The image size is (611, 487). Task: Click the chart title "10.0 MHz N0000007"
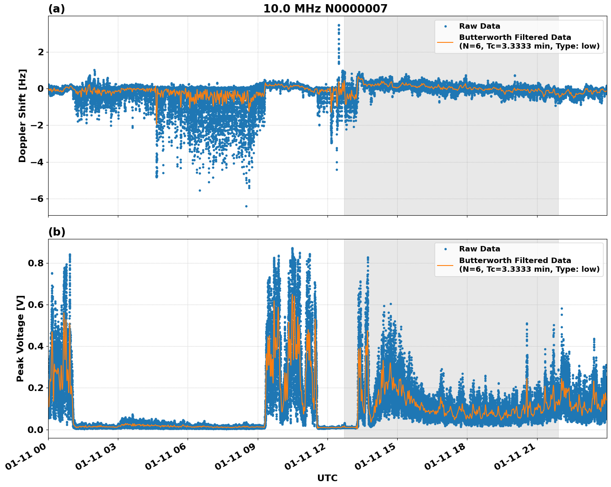coord(325,9)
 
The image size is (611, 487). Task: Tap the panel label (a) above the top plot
coord(56,9)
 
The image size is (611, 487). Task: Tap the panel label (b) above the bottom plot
coord(56,232)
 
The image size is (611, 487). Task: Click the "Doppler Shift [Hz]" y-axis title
coord(22,116)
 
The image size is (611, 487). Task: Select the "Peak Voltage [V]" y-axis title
coord(20,338)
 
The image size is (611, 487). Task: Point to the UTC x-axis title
coord(327,478)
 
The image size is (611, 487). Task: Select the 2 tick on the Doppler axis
coord(41,52)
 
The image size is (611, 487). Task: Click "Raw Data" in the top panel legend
coord(479,27)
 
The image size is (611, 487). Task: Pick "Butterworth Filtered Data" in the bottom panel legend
coord(515,261)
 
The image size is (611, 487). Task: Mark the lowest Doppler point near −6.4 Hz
coord(246,206)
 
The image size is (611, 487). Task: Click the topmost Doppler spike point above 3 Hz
coord(339,25)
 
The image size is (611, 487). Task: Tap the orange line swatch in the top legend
coord(445,42)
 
